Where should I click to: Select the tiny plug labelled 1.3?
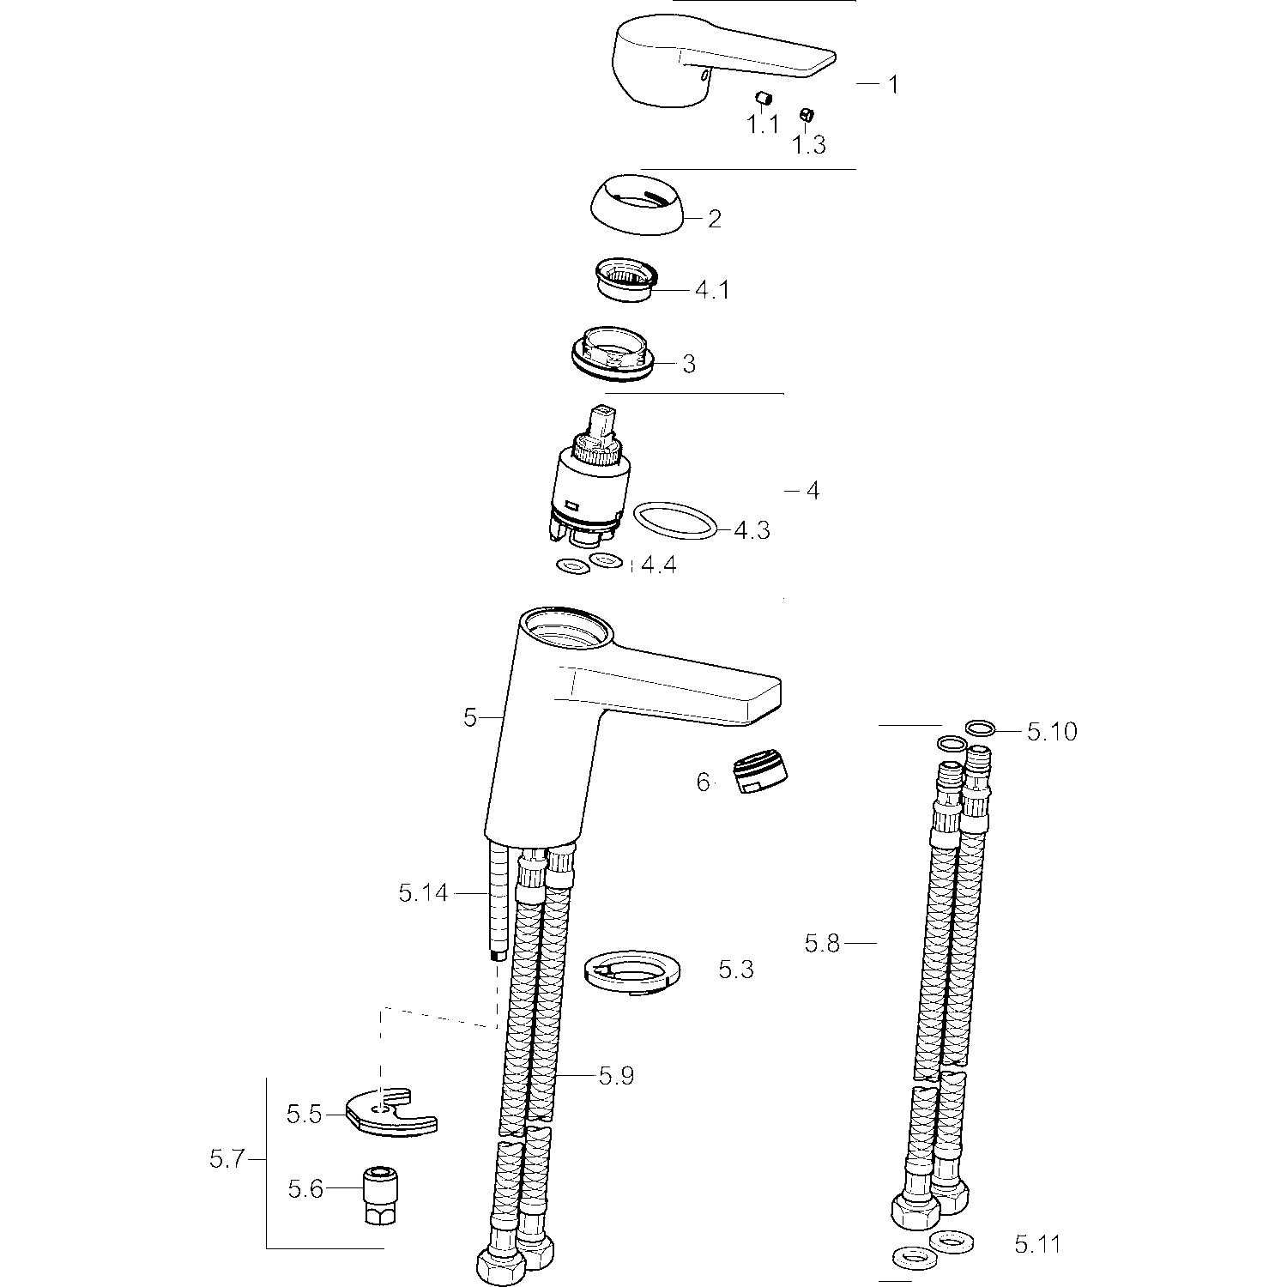805,115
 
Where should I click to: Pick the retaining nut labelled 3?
614,353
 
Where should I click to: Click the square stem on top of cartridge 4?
605,420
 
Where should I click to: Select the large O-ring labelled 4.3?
674,521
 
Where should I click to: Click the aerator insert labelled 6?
764,772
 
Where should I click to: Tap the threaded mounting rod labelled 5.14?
495,901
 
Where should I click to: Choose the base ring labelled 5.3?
631,973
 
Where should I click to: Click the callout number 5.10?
1052,732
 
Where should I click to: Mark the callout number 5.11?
1037,1243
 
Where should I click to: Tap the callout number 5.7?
227,1160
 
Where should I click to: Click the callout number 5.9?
616,1075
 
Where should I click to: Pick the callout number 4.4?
659,565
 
